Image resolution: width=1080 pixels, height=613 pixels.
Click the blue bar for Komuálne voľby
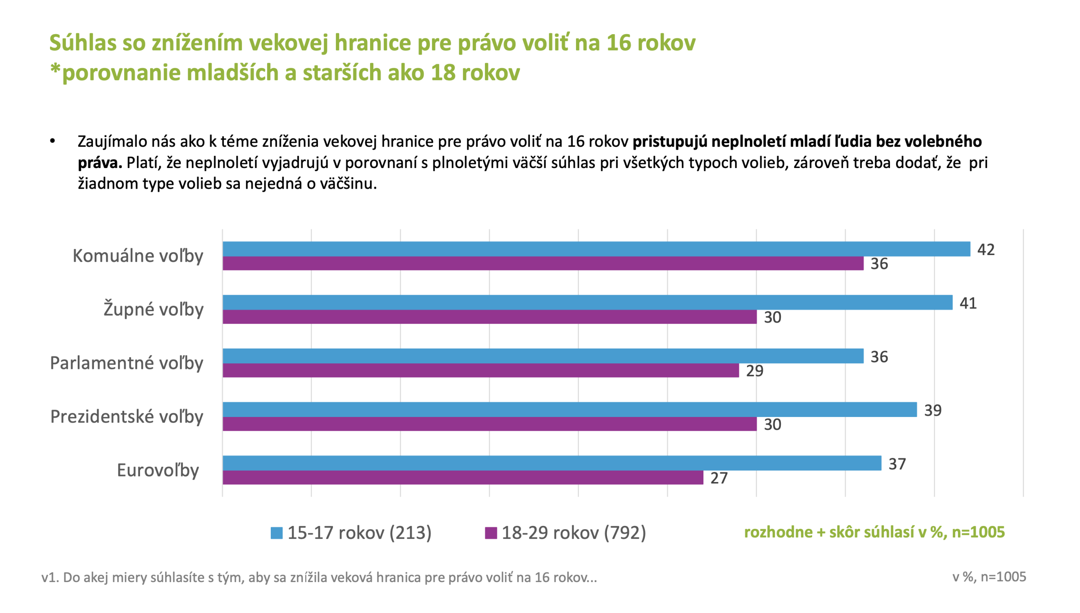pos(596,249)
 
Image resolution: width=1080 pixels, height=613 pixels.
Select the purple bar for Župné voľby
pos(489,317)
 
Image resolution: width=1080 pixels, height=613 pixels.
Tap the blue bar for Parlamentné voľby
pos(543,356)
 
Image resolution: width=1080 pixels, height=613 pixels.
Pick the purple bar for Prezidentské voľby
pos(489,424)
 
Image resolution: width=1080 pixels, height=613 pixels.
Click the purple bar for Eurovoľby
pos(462,478)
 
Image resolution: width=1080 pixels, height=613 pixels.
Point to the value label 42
pos(986,250)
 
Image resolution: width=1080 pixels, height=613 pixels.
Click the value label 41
pos(968,303)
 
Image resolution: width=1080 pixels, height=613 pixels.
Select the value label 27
pos(719,478)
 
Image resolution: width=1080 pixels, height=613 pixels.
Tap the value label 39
pos(933,410)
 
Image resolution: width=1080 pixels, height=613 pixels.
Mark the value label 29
pos(754,371)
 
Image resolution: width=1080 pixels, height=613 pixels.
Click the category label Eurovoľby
pos(158,470)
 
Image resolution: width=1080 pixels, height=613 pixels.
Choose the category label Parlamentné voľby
pos(126,363)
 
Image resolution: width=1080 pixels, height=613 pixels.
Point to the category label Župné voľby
pos(153,310)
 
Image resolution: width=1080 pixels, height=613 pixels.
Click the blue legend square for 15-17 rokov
pos(276,533)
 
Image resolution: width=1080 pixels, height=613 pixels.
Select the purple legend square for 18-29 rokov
pos(491,533)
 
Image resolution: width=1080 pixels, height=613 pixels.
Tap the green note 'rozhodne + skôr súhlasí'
pos(874,532)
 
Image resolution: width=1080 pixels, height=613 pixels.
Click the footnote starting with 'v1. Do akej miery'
pos(319,577)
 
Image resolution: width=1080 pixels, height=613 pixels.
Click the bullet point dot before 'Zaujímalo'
pos(52,141)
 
